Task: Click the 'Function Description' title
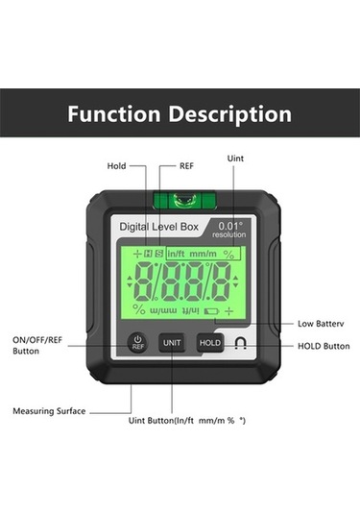180,113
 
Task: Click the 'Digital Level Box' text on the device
157,228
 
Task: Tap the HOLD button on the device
210,342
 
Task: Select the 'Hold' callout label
117,164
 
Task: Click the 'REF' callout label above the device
186,164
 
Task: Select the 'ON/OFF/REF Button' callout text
38,346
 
